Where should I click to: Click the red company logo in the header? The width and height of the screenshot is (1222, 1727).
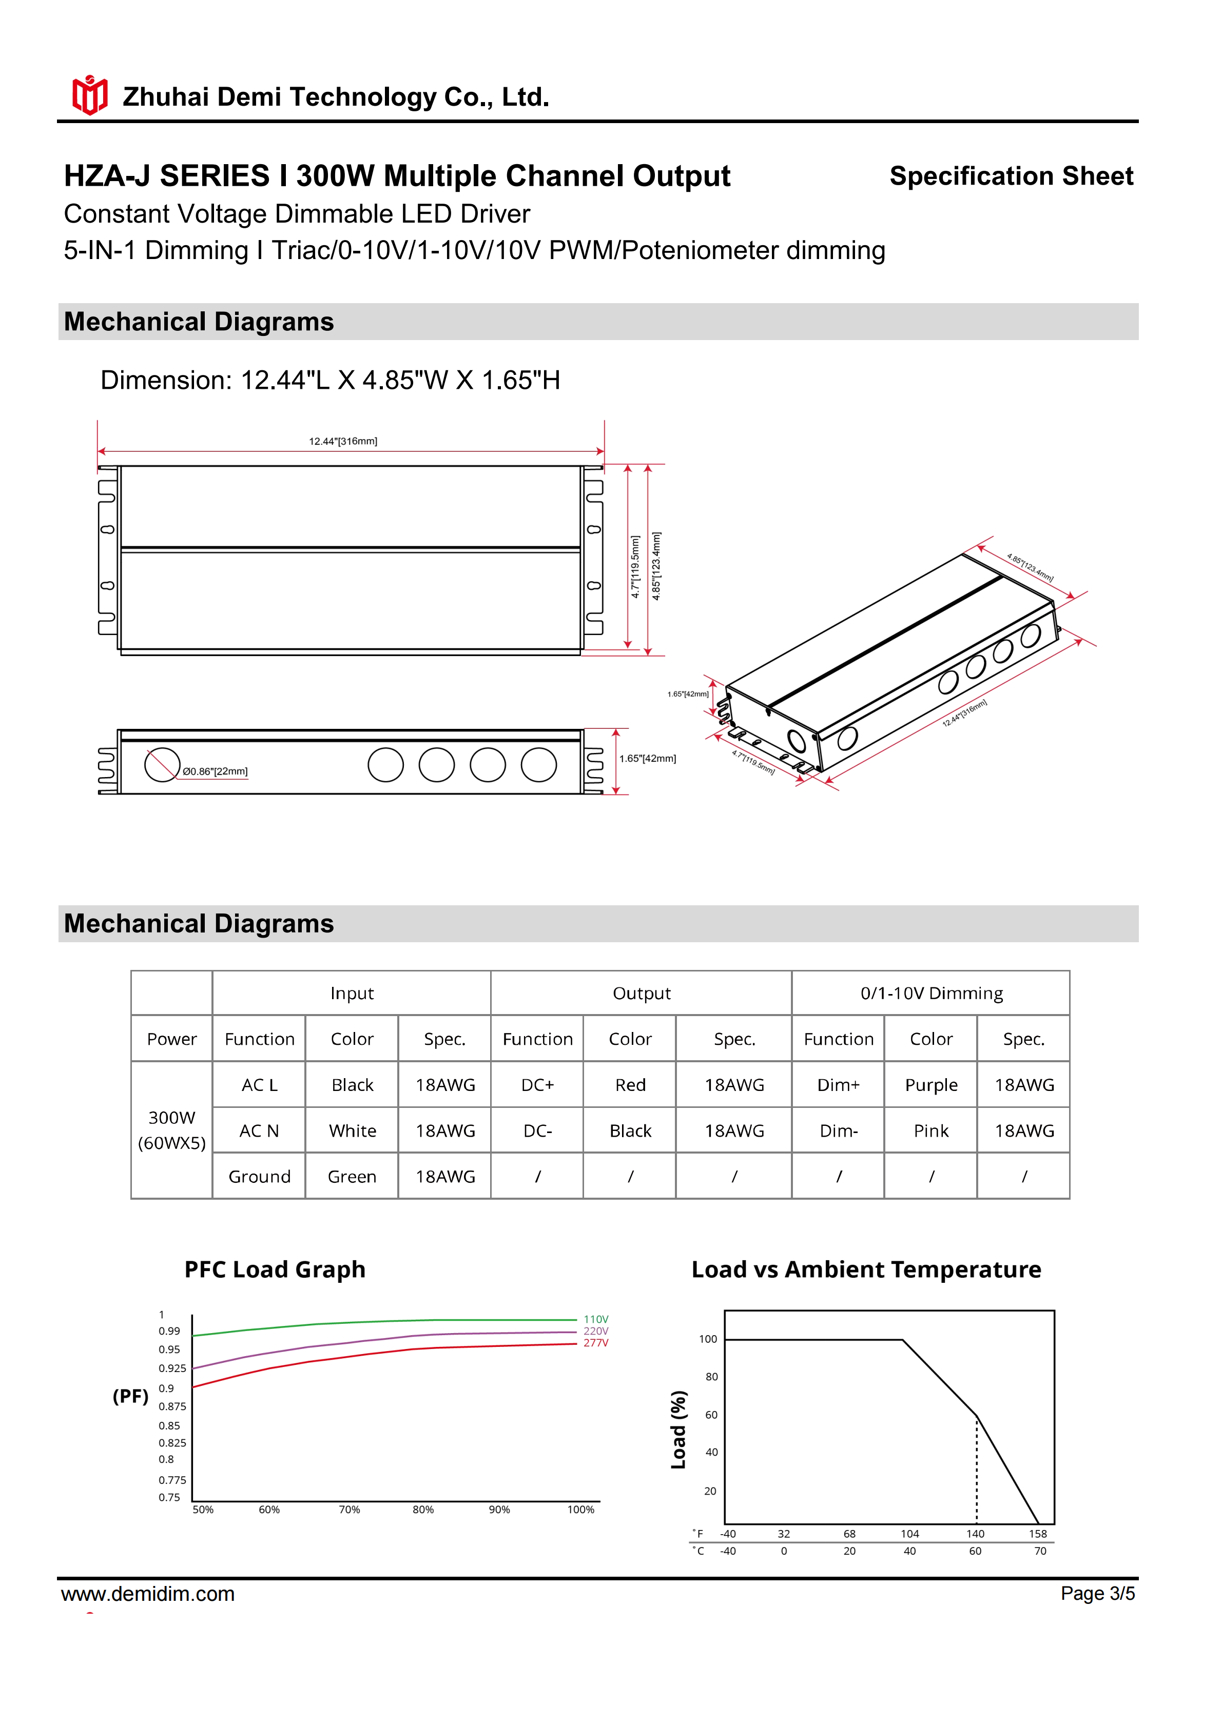point(89,95)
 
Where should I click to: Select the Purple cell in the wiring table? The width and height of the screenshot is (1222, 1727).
point(931,1085)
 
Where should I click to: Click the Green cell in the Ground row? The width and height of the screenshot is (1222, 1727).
point(352,1177)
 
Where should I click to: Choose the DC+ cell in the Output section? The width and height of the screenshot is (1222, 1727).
point(537,1085)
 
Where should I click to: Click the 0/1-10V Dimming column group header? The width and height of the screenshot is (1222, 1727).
point(931,993)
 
